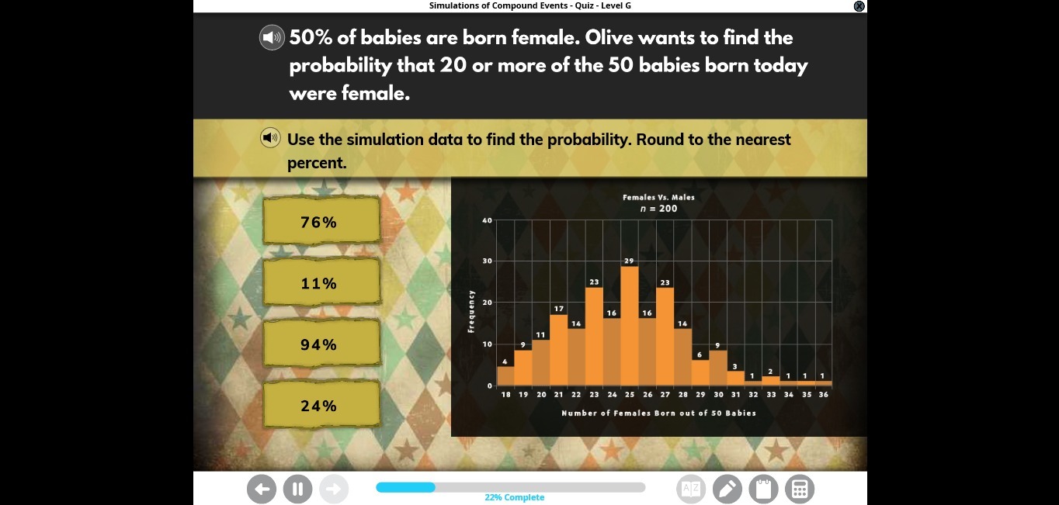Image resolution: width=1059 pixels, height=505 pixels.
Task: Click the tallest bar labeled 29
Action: [x=629, y=326]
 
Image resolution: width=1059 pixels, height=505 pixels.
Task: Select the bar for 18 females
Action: [x=505, y=376]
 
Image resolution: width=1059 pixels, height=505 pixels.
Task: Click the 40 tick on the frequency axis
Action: [x=487, y=220]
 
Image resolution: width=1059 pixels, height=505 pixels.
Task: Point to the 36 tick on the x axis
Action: [x=823, y=395]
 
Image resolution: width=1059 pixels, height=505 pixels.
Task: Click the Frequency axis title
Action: [x=471, y=311]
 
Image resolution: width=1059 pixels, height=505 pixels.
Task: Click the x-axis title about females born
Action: [x=658, y=413]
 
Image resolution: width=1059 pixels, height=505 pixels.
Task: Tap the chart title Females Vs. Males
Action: [x=658, y=197]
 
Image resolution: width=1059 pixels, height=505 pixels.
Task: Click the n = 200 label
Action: [x=658, y=208]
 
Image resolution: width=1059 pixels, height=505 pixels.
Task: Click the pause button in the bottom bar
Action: [x=297, y=489]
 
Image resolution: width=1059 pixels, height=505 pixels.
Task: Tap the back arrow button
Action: [x=262, y=489]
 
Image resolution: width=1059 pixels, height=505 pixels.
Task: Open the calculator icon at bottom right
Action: [x=800, y=489]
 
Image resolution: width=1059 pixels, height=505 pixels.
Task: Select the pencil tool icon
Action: [x=727, y=489]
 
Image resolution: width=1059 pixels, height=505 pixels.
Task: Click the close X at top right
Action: [x=859, y=6]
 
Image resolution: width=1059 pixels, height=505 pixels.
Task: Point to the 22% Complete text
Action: [x=514, y=497]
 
